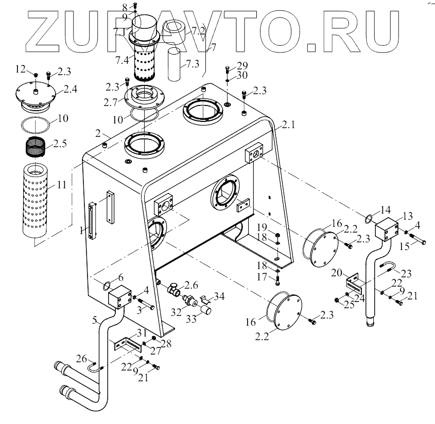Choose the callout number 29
click(242, 66)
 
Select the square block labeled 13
click(386, 227)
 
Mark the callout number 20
click(338, 272)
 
